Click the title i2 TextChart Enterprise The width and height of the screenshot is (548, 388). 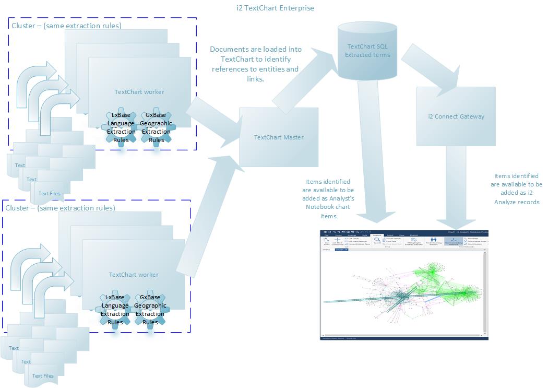tap(275, 8)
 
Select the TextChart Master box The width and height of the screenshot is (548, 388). tap(279, 137)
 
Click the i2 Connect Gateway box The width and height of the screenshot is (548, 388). tap(456, 116)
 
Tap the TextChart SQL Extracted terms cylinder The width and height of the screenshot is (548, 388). tap(368, 50)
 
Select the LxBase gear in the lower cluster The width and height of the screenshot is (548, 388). tap(115, 310)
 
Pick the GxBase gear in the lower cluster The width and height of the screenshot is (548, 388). tap(150, 310)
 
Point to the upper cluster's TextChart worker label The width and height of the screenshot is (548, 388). tap(139, 92)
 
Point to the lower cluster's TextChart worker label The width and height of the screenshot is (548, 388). tap(134, 275)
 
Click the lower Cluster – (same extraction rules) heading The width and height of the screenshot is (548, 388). tap(61, 208)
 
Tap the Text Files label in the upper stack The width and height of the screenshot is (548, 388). tap(49, 193)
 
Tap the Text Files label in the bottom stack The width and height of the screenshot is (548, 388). tap(43, 375)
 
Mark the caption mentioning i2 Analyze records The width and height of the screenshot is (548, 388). tap(516, 189)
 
